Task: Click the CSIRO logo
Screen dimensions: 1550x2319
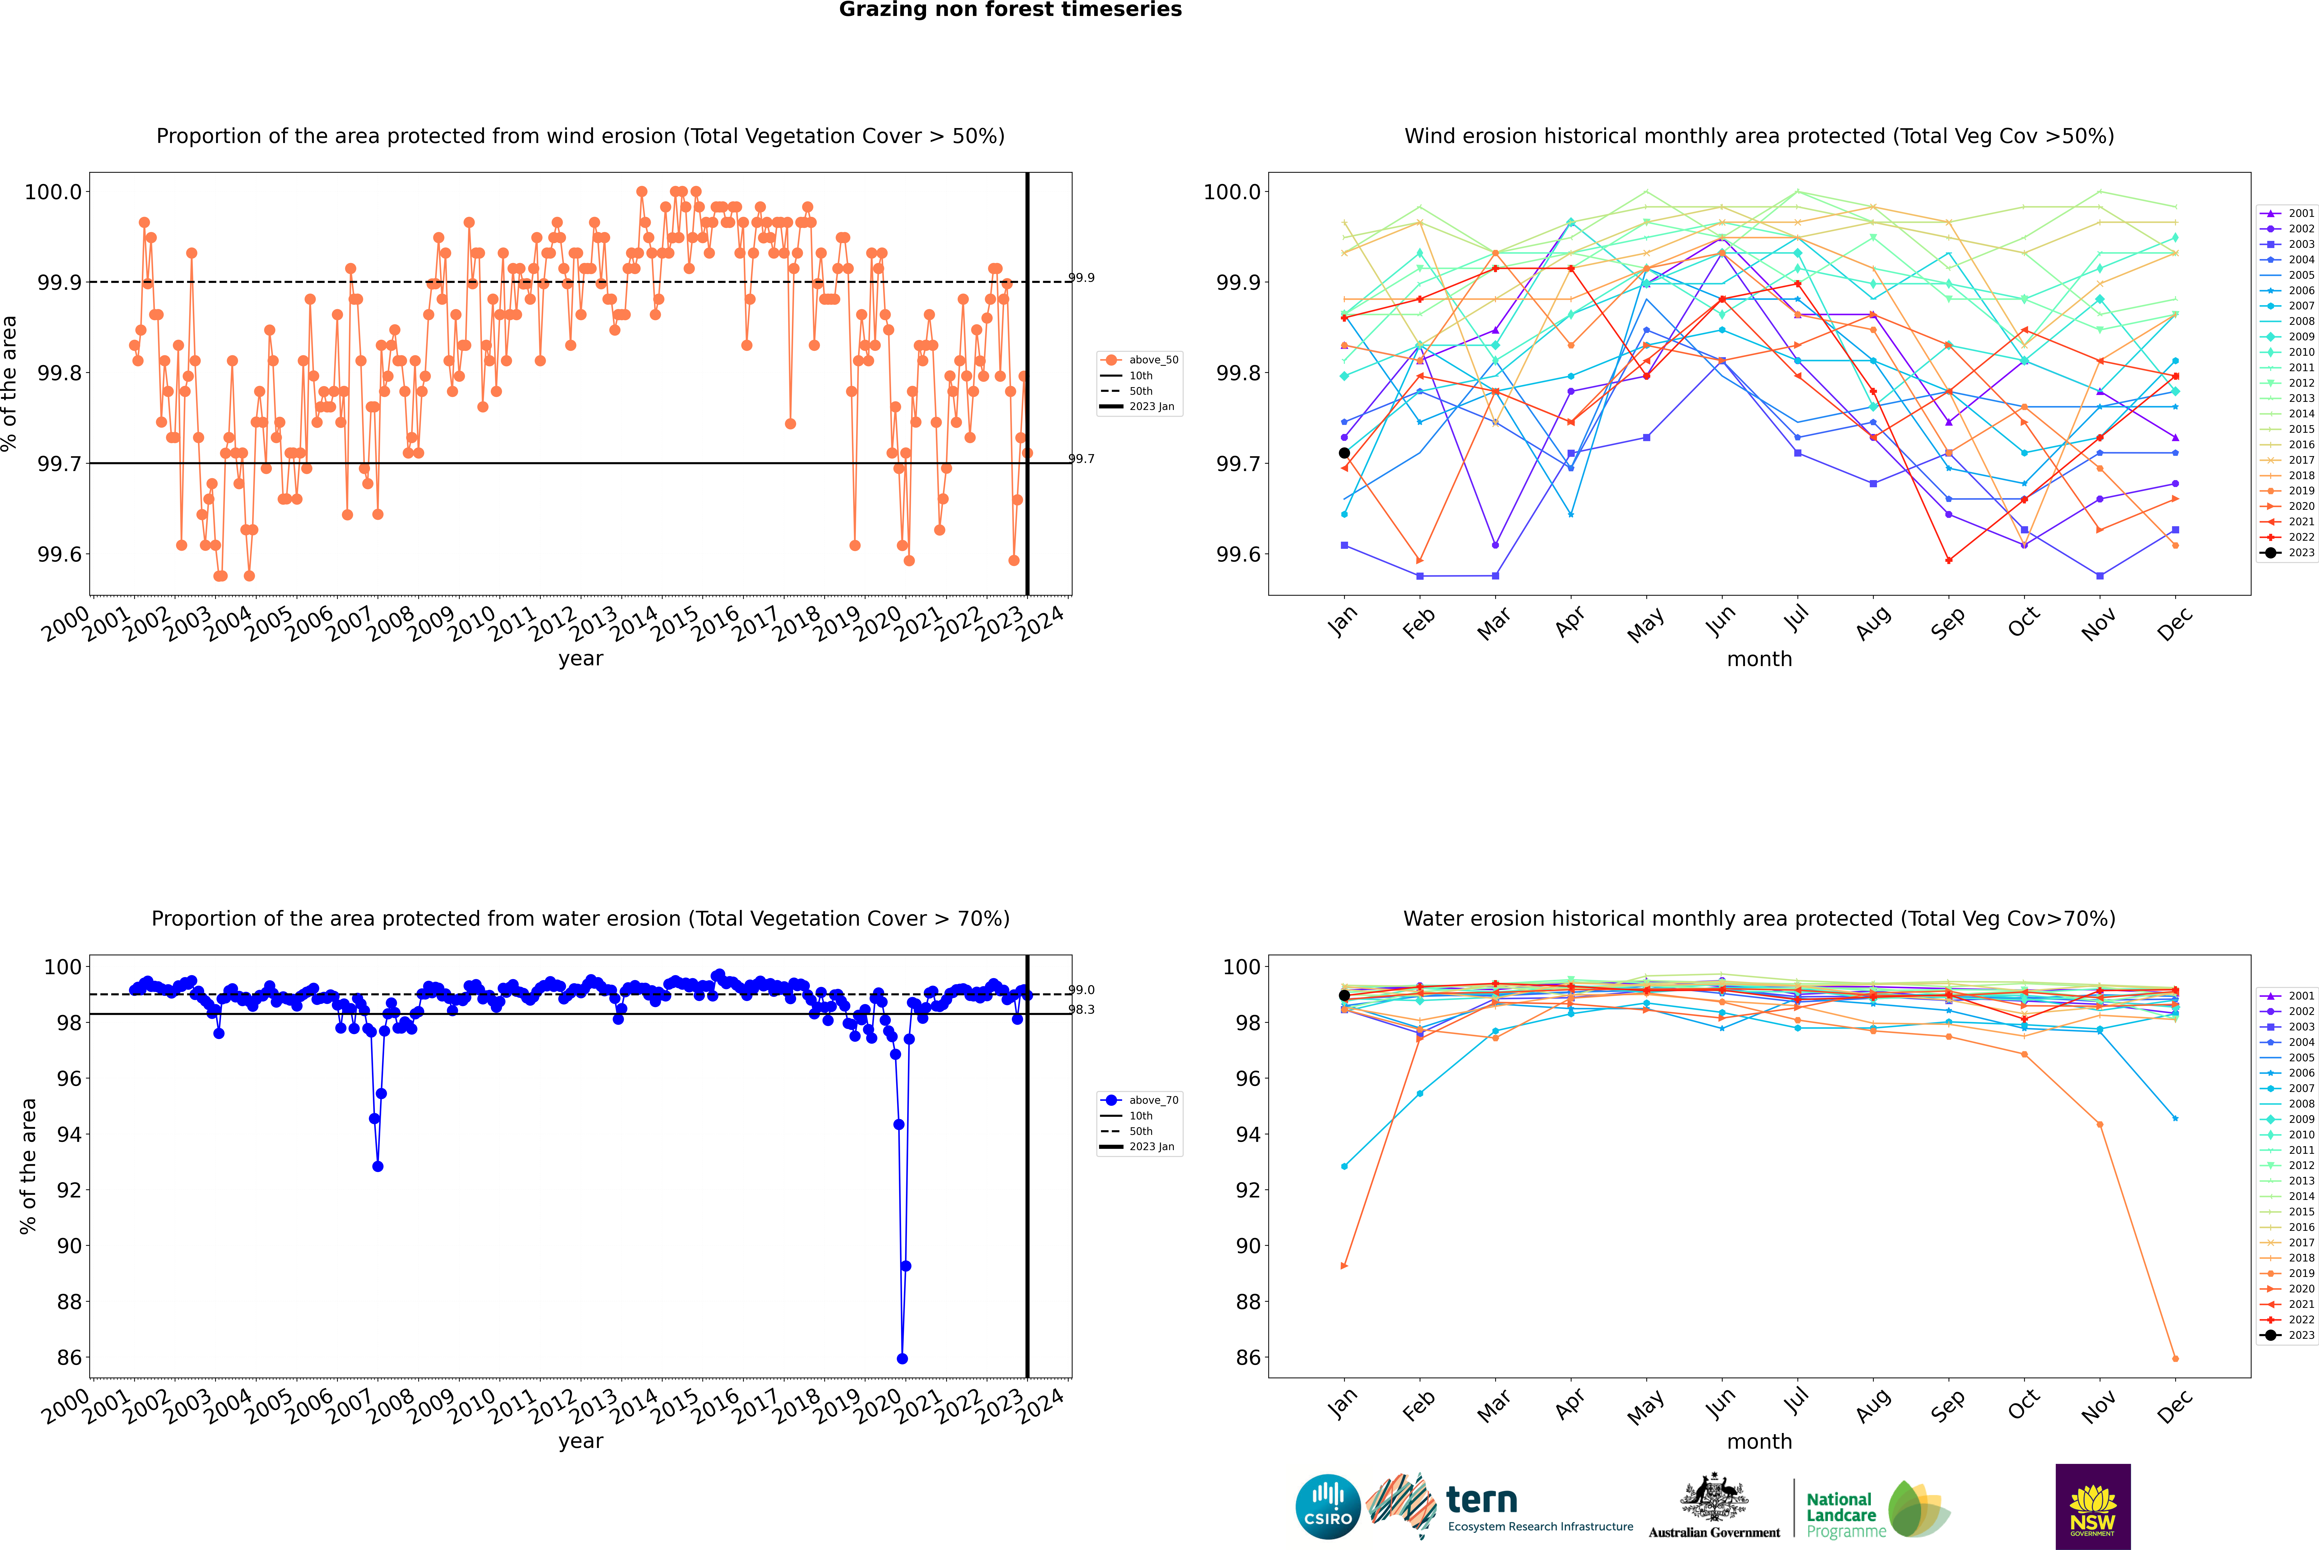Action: (1328, 1507)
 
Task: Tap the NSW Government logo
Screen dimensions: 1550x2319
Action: (2093, 1507)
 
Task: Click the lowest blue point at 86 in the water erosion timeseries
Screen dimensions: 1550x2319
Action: (902, 1358)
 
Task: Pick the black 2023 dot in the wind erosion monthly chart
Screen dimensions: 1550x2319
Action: (1344, 453)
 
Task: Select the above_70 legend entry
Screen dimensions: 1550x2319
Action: (1140, 1100)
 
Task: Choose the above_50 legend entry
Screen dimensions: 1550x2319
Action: (1140, 360)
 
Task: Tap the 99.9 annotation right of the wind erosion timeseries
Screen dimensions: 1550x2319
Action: (1081, 278)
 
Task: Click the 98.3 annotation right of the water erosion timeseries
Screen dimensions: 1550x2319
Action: (1081, 1009)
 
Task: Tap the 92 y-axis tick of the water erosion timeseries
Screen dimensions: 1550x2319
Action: (69, 1190)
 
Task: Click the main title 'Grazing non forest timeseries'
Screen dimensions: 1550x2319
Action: (1010, 10)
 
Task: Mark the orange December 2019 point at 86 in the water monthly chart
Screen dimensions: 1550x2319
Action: (2175, 1358)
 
